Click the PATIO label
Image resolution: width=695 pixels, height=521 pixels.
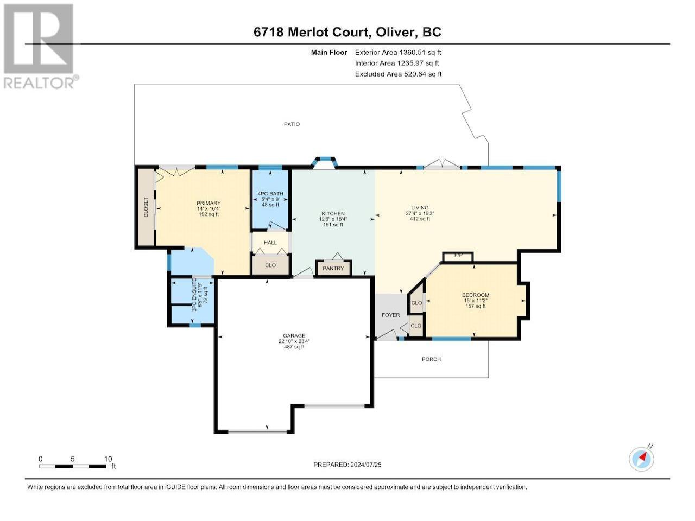click(x=291, y=124)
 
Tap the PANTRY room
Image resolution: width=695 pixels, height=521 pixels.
click(x=333, y=268)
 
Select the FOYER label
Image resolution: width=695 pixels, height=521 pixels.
click(x=390, y=315)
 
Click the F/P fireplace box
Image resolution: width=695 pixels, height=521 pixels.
click(x=458, y=257)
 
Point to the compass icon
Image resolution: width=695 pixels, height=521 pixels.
click(x=641, y=459)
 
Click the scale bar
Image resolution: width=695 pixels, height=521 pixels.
click(x=72, y=466)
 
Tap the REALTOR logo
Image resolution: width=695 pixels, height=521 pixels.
click(x=40, y=46)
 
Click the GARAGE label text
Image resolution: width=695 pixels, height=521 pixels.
click(x=294, y=335)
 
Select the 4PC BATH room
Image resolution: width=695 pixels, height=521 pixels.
click(x=270, y=199)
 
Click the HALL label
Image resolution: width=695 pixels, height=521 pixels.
click(x=270, y=243)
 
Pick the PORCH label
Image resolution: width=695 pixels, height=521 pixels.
click(x=431, y=359)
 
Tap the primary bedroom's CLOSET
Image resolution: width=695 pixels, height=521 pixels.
click(x=146, y=207)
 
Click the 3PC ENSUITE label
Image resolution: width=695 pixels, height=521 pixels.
click(x=194, y=295)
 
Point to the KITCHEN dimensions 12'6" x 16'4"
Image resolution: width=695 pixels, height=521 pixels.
click(x=333, y=219)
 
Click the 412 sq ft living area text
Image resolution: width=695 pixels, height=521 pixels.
click(x=420, y=219)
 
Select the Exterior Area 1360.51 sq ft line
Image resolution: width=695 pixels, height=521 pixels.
click(x=398, y=53)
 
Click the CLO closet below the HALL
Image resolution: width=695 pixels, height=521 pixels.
click(x=270, y=265)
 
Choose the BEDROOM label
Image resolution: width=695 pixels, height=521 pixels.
click(x=476, y=295)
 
